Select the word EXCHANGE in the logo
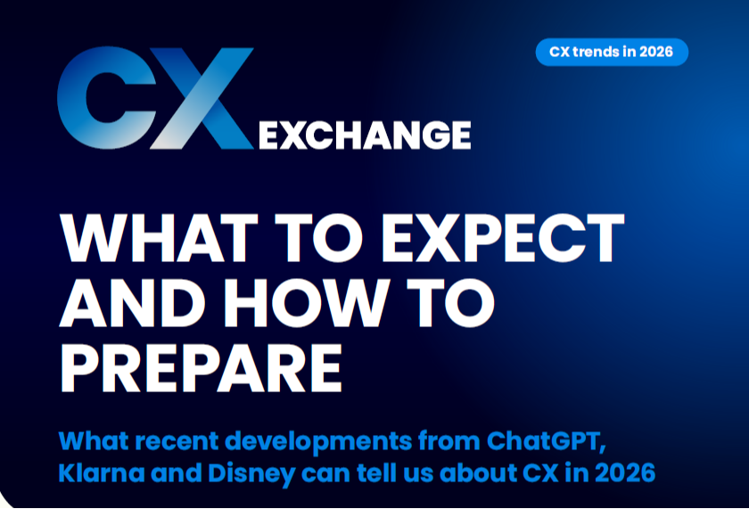tap(364, 135)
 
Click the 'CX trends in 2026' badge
tap(612, 53)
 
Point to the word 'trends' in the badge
tap(605, 53)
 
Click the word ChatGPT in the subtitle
tap(553, 440)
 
